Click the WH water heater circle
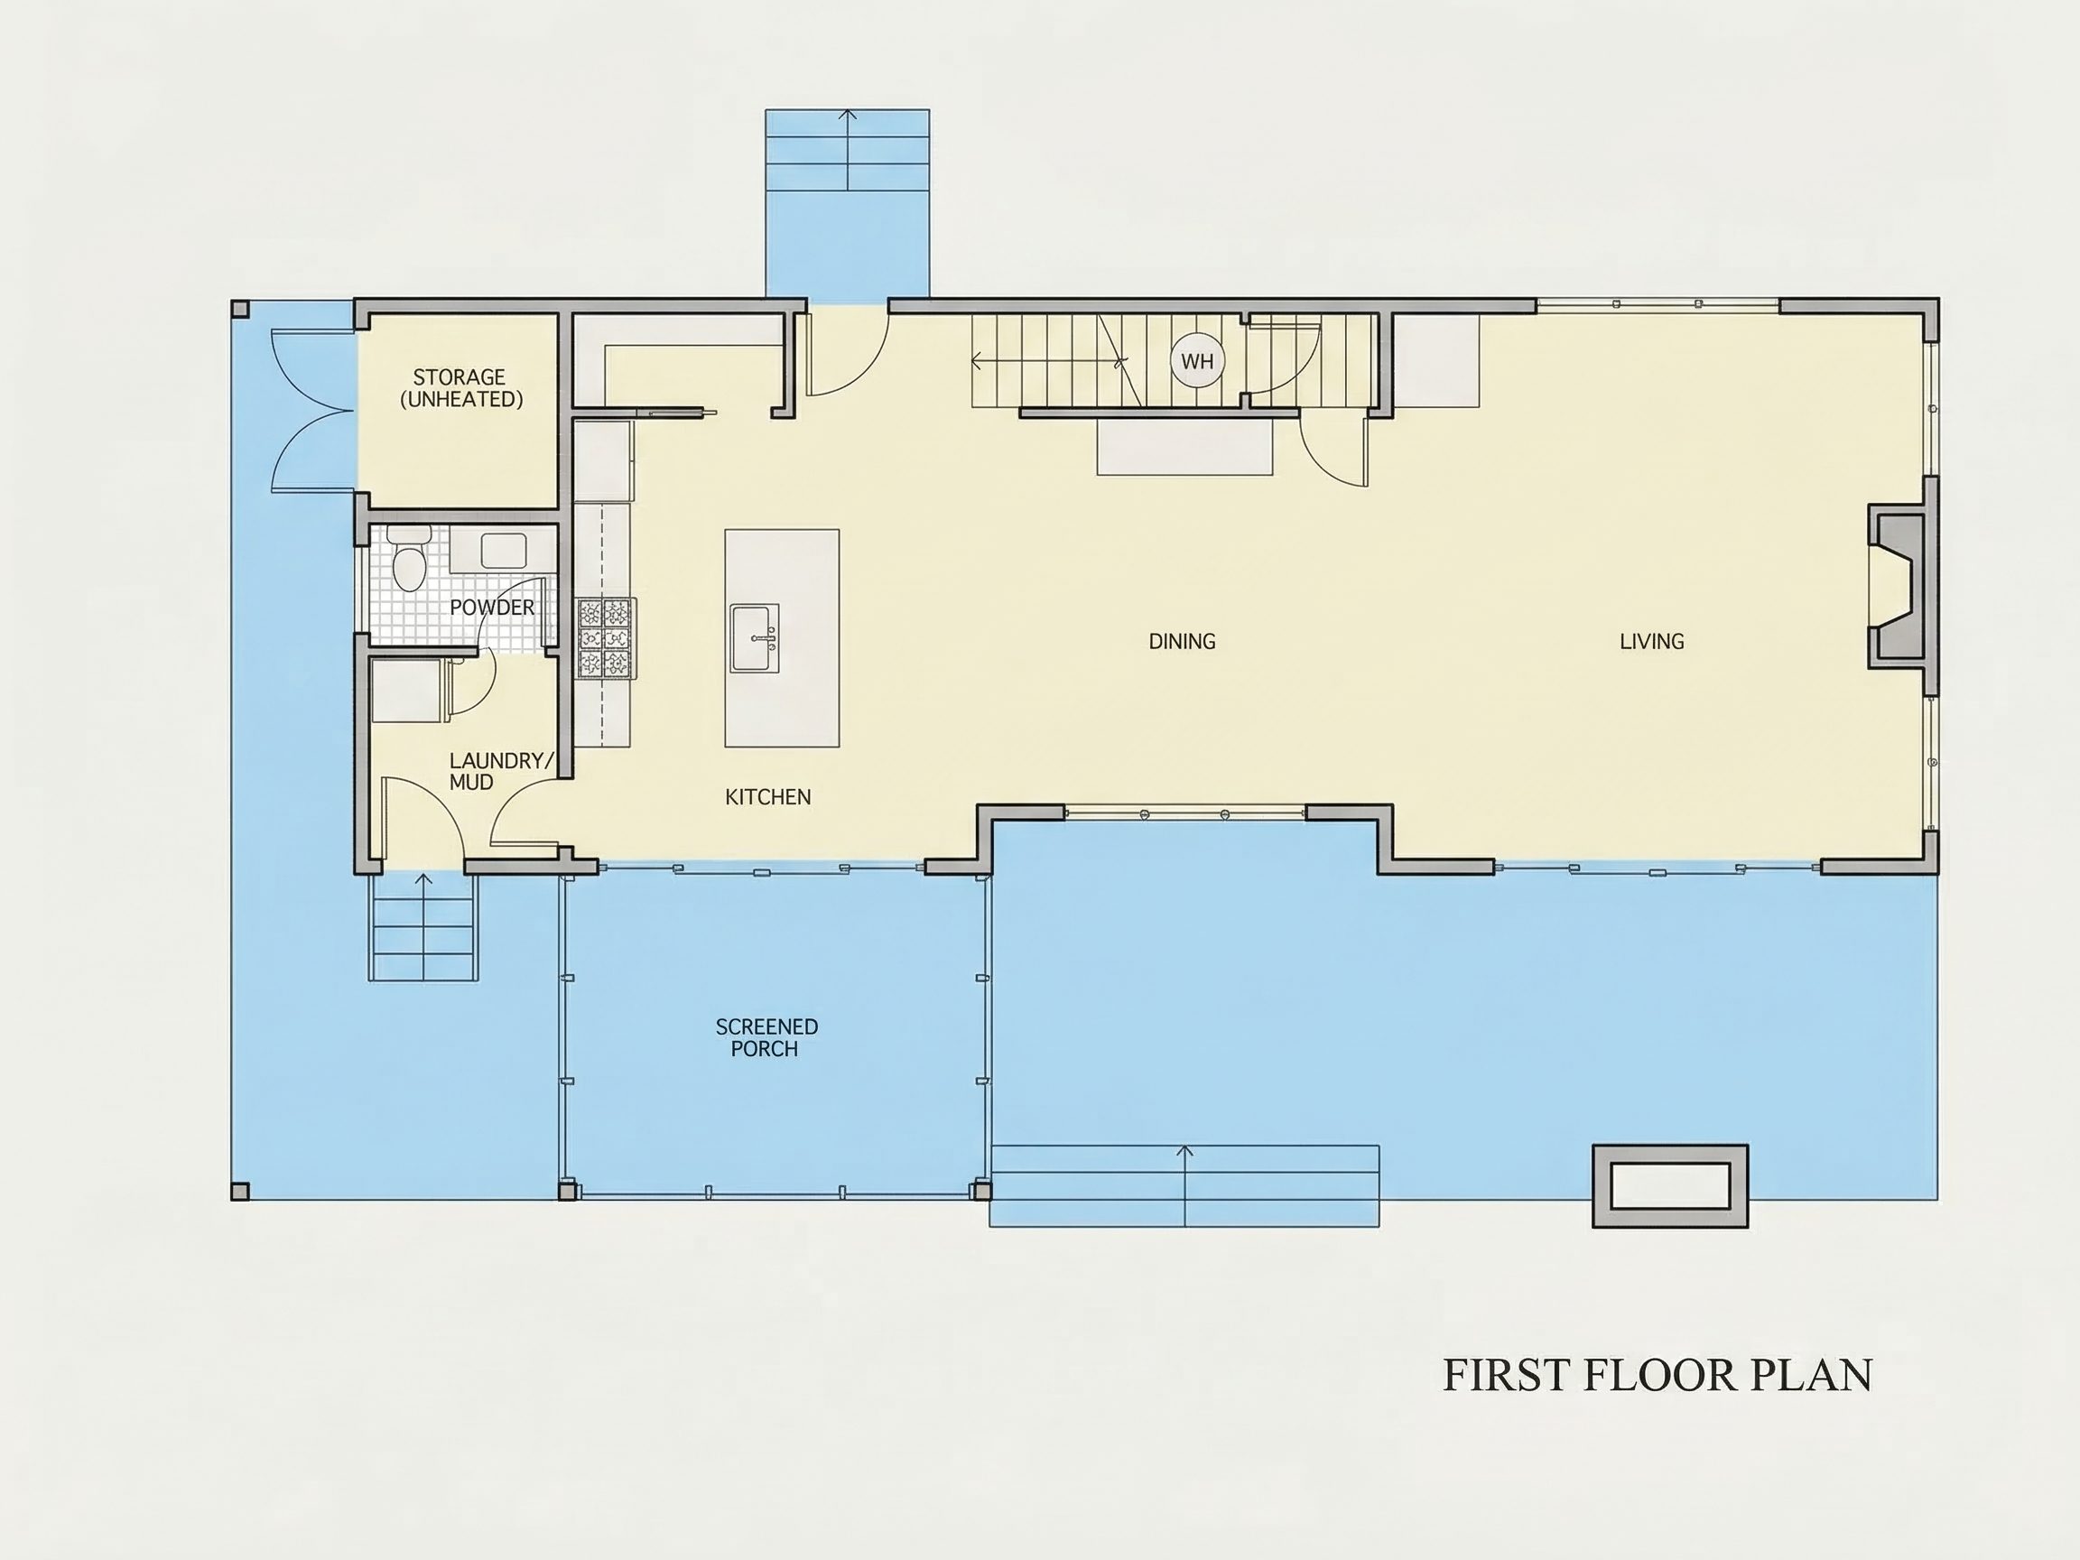coord(1197,361)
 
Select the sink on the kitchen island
coord(755,637)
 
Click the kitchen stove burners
coord(605,637)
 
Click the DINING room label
coord(1182,641)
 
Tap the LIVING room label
coord(1651,641)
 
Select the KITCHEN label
coord(767,796)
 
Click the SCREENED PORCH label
coord(766,1037)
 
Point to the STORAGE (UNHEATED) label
coord(460,387)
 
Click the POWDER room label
coord(492,608)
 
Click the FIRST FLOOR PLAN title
coord(1657,1375)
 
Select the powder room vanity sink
coord(503,550)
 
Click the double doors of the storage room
coord(313,409)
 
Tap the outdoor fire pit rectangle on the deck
coord(1670,1185)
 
